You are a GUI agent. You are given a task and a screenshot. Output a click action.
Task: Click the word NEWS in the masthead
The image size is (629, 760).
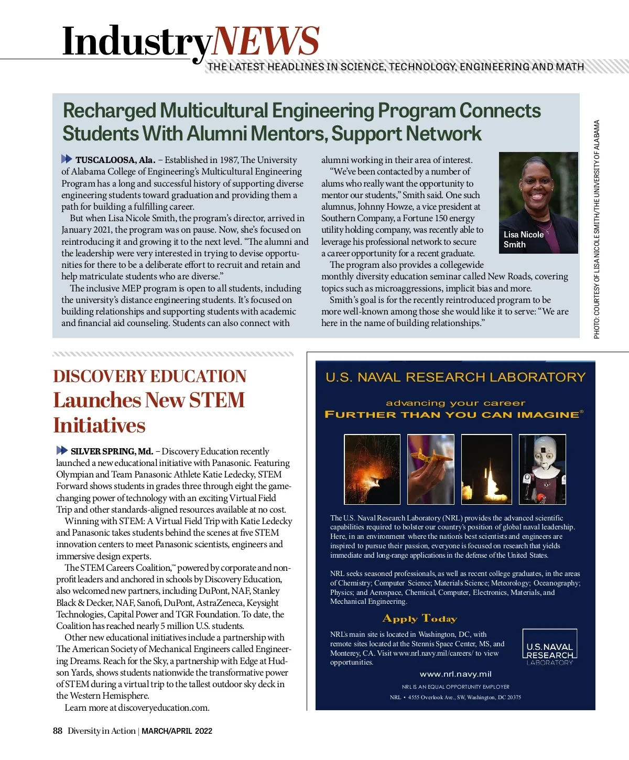click(266, 41)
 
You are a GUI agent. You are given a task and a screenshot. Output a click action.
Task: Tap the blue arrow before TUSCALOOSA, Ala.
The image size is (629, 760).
click(67, 159)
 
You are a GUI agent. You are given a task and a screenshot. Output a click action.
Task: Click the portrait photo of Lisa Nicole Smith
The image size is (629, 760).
click(538, 202)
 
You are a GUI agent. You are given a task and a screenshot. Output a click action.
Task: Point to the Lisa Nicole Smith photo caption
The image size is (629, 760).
click(523, 240)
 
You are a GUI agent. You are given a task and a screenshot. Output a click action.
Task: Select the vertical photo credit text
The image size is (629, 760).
click(597, 229)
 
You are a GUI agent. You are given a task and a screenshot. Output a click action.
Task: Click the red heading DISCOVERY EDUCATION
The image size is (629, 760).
click(149, 376)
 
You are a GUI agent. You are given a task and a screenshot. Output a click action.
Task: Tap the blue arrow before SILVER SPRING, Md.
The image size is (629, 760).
click(62, 450)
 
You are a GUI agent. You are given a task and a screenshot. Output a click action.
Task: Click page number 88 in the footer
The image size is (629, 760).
click(58, 731)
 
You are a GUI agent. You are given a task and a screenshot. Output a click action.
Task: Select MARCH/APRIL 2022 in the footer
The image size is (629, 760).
click(177, 731)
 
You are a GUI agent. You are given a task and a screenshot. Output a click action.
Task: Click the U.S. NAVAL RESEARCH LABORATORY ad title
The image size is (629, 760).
click(455, 377)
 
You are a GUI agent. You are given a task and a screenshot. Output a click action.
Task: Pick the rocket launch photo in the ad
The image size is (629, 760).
click(486, 469)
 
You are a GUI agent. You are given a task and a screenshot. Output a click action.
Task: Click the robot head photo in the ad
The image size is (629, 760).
click(543, 469)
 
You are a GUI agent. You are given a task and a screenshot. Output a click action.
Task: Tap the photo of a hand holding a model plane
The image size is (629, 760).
click(430, 469)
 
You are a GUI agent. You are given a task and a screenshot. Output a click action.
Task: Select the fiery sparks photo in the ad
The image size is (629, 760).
click(372, 469)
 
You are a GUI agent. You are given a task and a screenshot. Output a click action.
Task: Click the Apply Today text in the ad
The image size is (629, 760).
click(420, 618)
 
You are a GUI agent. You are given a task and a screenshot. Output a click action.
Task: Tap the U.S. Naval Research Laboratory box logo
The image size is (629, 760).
click(549, 648)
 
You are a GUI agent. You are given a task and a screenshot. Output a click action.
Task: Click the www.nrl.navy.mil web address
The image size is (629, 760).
click(456, 674)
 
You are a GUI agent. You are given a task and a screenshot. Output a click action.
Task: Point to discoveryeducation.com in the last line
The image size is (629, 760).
click(163, 708)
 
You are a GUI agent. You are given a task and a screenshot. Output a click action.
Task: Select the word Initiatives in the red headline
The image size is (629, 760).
click(99, 425)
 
